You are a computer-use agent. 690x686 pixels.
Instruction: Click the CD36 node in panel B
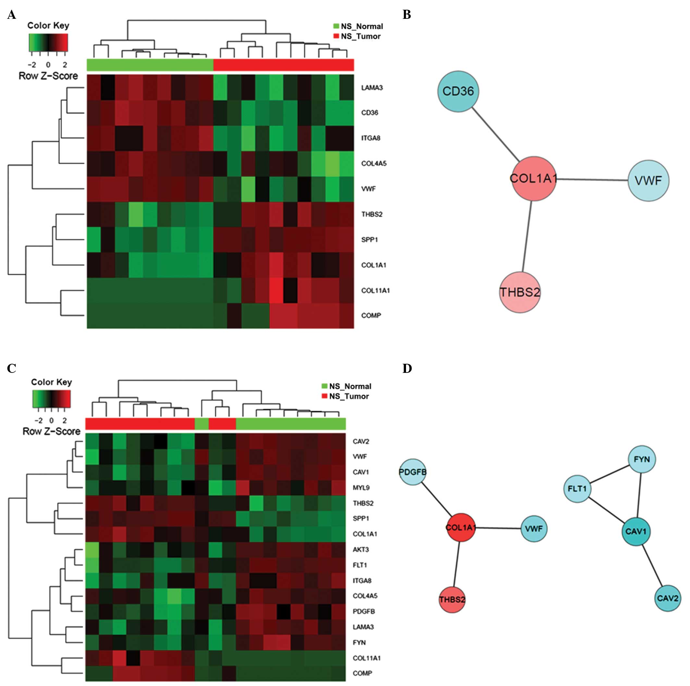point(458,91)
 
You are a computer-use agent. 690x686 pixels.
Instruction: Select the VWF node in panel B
point(648,181)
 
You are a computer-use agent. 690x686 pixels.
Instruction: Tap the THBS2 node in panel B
point(520,292)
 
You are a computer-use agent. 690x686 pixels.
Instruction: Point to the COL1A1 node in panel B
point(534,178)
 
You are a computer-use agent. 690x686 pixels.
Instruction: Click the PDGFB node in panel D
point(413,472)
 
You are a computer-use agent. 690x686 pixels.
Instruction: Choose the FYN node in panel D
point(642,459)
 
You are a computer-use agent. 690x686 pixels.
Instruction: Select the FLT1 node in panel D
point(577,488)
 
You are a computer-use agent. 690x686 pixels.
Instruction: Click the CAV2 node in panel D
point(668,598)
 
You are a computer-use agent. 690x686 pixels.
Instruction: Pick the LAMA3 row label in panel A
point(372,88)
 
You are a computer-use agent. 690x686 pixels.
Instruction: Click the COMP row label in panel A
point(371,316)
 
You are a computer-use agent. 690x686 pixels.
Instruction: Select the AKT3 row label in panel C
point(361,549)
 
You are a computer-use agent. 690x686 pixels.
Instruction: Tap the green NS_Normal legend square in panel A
point(336,26)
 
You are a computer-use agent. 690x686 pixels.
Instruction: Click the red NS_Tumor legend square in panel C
point(325,396)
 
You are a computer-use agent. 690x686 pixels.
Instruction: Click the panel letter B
point(406,15)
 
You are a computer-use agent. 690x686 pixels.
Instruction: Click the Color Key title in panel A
point(48,25)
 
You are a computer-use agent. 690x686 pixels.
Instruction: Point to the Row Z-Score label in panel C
point(51,431)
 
